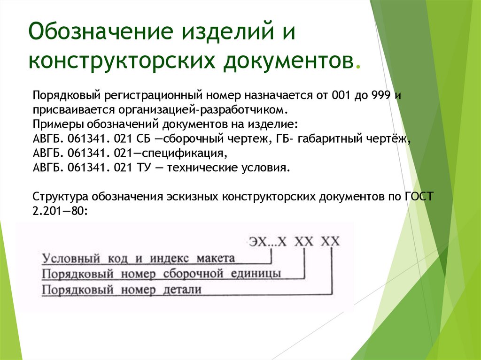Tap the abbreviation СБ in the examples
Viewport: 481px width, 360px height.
click(143, 139)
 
